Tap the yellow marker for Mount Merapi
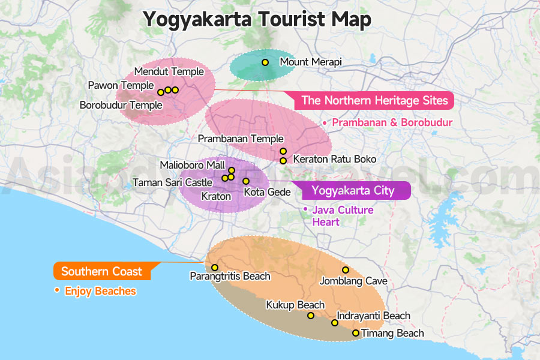coord(265,62)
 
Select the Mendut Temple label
coord(169,72)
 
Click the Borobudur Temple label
coord(121,106)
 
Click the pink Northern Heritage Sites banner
coord(374,100)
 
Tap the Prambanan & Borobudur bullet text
coord(391,122)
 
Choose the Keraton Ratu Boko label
coord(334,160)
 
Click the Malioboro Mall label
coord(192,165)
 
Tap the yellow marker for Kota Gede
coord(245,181)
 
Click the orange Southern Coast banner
coord(101,271)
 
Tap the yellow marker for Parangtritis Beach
coord(215,268)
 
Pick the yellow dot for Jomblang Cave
coord(346,270)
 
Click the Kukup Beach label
coord(295,305)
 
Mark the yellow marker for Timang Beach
coord(356,333)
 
